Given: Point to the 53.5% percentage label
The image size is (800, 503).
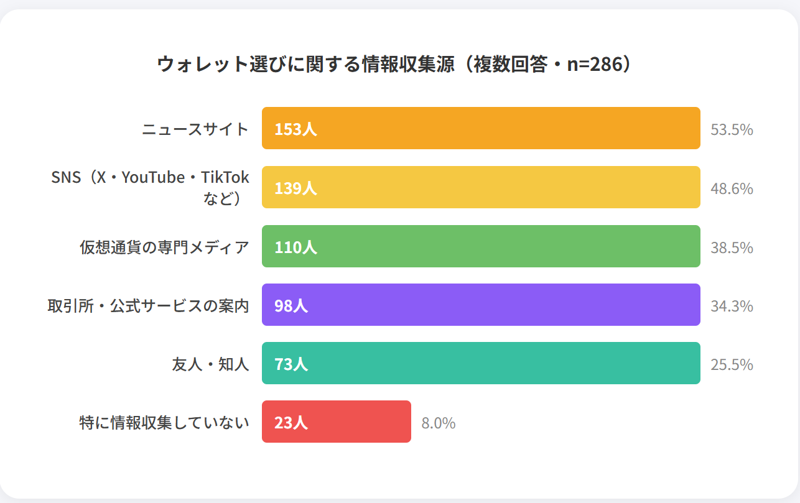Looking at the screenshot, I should [732, 130].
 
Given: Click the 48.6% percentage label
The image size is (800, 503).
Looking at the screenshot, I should [732, 188].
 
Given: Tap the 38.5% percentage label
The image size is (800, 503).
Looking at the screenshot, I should [732, 247].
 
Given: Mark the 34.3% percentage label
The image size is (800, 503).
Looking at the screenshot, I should [732, 306].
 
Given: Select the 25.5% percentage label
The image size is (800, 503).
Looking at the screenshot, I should [732, 364].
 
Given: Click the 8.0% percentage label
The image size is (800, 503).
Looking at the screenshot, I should [439, 423].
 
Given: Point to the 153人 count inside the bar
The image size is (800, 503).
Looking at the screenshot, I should [295, 129].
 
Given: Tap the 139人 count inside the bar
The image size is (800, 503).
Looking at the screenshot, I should [295, 188].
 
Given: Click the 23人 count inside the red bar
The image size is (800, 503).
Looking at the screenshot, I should [291, 423].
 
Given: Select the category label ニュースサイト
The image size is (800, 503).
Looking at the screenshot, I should [195, 129].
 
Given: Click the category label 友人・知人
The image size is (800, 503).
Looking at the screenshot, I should [210, 364].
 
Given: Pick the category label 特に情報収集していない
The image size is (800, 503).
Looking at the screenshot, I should [164, 423].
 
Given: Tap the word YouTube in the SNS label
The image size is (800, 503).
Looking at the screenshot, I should [153, 178].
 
